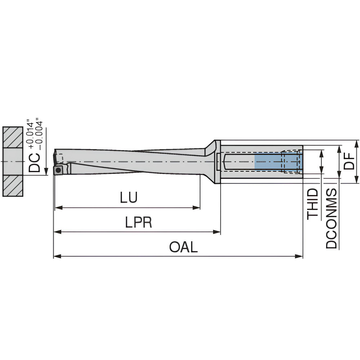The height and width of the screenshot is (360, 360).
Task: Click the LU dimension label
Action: (129, 197)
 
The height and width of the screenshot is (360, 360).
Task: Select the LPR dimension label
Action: (139, 222)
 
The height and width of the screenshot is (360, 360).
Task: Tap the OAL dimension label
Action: (183, 247)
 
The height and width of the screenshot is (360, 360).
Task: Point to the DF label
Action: (349, 161)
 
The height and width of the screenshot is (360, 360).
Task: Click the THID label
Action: (313, 204)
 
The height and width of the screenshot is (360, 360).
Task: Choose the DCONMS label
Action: (331, 219)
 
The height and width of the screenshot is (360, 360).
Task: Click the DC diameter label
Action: (34, 163)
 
